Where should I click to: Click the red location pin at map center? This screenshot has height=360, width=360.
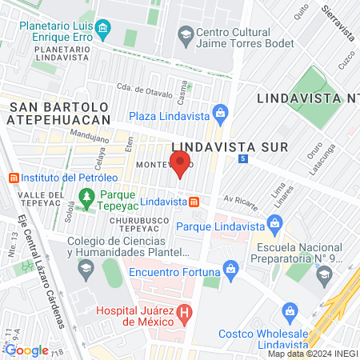click(x=180, y=164)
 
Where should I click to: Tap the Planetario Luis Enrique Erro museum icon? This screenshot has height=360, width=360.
click(x=102, y=31)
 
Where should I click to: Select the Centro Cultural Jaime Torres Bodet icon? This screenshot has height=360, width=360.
click(x=186, y=34)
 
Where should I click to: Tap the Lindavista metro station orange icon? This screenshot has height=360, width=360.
click(x=193, y=202)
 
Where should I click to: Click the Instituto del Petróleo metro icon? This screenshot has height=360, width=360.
click(x=12, y=177)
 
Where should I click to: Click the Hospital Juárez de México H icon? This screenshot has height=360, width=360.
click(x=184, y=312)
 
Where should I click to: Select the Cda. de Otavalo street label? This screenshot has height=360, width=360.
click(x=145, y=89)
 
